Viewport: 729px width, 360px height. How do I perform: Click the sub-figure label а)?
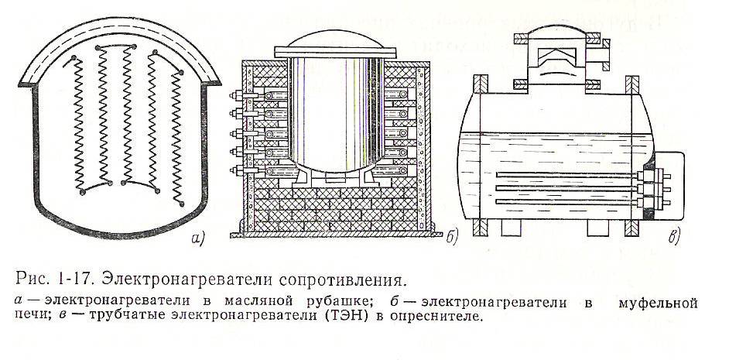click(196, 238)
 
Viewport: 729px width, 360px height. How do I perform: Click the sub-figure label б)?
click(452, 238)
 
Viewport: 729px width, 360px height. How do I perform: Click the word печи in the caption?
click(29, 317)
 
